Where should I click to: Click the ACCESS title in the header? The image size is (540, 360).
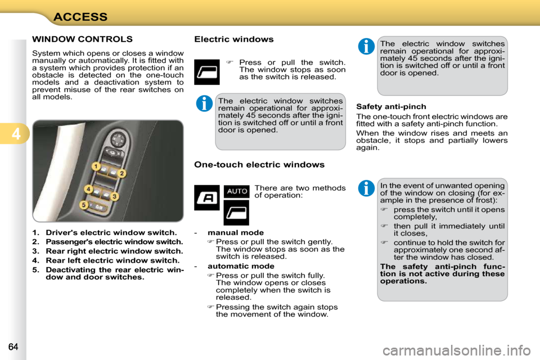[80, 16]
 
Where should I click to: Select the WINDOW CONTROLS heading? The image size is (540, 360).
[82, 39]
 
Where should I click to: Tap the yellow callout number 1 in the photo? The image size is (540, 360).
[96, 166]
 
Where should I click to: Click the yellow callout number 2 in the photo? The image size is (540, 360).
[121, 173]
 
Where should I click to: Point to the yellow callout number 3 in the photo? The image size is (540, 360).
[114, 196]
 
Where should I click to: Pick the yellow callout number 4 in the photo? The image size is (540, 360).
[88, 188]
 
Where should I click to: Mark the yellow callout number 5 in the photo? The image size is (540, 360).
[83, 206]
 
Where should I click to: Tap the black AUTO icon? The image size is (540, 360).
[236, 191]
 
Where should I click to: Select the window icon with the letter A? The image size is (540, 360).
[206, 197]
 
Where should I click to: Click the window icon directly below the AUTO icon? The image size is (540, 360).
[236, 213]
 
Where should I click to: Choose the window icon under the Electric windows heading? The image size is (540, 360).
[206, 71]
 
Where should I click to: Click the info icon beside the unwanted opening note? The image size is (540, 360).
[366, 188]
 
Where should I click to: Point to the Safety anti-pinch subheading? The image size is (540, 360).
[391, 106]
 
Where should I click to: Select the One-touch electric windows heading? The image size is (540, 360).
[259, 165]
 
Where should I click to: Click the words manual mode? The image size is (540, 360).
[235, 232]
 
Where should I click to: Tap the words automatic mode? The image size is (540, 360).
[241, 266]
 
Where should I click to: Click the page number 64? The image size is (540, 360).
[13, 345]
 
